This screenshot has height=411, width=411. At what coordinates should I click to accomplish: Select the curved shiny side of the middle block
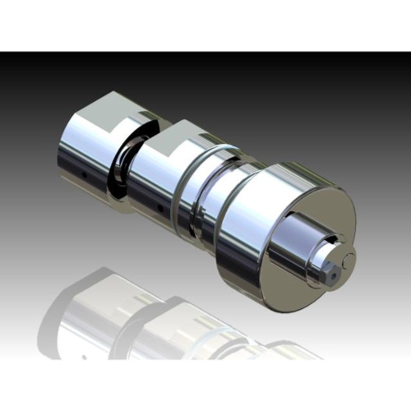pos(156,181)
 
